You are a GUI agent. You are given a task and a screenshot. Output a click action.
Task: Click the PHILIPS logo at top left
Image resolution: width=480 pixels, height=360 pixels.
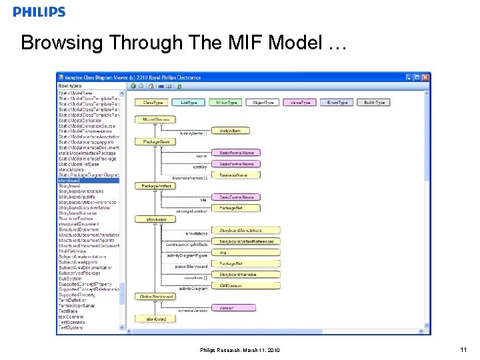click(x=39, y=12)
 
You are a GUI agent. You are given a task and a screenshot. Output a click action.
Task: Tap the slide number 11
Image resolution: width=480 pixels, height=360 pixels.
click(x=463, y=349)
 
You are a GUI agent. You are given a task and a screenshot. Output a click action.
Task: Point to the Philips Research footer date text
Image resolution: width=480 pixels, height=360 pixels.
click(x=240, y=350)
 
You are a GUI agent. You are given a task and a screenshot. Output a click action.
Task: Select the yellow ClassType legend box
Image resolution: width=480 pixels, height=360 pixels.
click(x=153, y=103)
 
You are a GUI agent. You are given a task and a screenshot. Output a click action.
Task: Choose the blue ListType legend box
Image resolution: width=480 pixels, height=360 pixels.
click(x=190, y=103)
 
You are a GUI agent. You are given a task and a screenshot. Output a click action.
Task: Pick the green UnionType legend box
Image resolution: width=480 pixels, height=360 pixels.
click(x=227, y=103)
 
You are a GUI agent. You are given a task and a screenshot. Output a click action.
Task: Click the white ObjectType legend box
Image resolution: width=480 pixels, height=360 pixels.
click(x=263, y=103)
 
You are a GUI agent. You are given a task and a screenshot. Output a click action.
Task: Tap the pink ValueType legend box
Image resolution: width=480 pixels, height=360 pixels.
click(x=300, y=103)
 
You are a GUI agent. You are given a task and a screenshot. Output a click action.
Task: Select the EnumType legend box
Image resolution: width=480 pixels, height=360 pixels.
click(x=337, y=103)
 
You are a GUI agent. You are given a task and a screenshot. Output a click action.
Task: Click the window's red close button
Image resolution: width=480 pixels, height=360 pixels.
click(x=426, y=77)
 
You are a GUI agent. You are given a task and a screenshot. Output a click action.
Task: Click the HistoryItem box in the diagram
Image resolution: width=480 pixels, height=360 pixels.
click(x=229, y=131)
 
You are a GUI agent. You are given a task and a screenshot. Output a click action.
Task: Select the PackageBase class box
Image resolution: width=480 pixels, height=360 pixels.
click(x=156, y=142)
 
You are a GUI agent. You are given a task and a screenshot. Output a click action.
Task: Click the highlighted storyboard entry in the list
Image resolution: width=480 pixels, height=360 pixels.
click(x=88, y=180)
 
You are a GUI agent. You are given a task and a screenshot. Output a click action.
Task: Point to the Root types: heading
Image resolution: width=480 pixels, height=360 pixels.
click(x=71, y=86)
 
